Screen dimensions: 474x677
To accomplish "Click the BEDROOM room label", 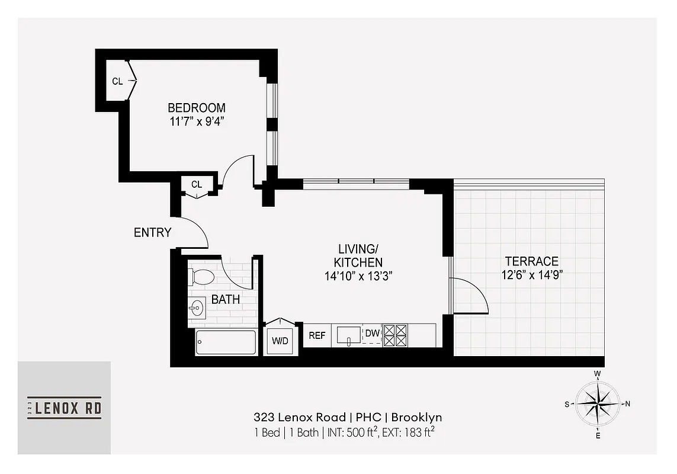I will tap(196, 108).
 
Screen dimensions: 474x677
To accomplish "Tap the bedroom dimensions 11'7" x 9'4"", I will tap(196, 121).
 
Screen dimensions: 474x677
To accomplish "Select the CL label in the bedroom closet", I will tap(117, 81).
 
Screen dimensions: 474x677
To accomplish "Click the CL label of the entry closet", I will tap(196, 185).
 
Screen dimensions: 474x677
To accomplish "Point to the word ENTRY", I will tap(152, 233).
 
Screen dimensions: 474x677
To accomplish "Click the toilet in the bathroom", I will tap(201, 277).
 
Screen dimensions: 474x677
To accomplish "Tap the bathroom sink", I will tap(197, 308).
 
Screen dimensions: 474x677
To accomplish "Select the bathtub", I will tap(226, 342).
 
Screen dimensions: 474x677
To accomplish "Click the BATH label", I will tap(226, 300).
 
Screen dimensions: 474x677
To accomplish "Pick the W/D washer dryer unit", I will tap(280, 341).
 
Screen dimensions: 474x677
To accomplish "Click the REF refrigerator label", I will tap(317, 335).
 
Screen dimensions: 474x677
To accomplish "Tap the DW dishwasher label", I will tap(371, 334).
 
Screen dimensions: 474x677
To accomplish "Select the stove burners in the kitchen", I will tap(395, 335).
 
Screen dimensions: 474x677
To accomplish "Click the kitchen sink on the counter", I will tap(349, 335).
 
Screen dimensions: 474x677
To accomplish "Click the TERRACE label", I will tap(531, 261).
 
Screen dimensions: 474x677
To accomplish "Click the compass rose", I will tap(598, 404).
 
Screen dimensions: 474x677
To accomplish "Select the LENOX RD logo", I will tap(64, 408).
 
